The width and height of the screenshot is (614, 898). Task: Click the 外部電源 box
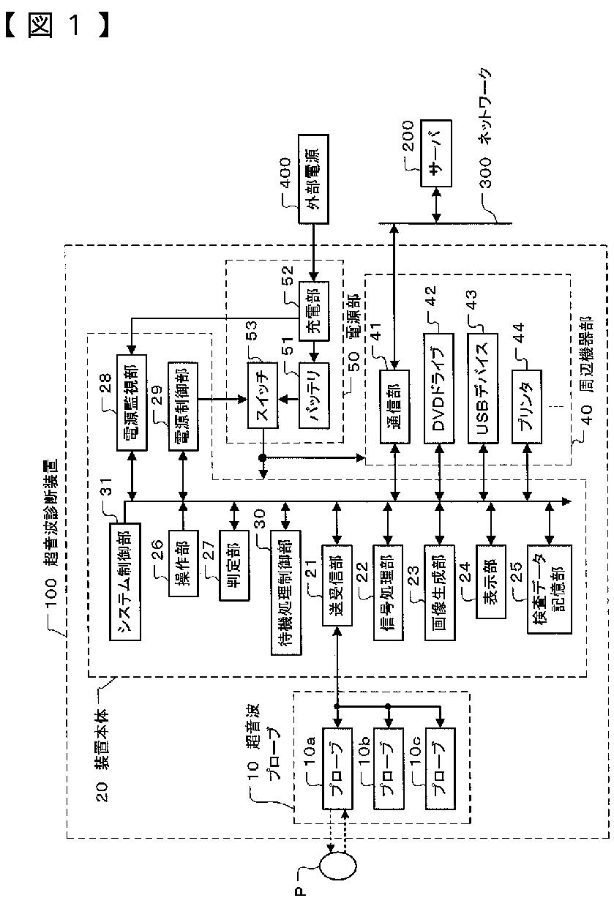pos(314,179)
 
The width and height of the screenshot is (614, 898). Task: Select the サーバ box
pos(436,153)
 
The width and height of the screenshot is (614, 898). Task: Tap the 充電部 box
pos(314,311)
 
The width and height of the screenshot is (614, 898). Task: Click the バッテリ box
pos(314,395)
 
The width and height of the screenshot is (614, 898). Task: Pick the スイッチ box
pos(263,395)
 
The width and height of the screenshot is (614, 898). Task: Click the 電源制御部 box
pos(183,406)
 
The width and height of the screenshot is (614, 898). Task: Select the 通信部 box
pos(394,406)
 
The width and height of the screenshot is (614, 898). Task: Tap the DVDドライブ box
pos(439,388)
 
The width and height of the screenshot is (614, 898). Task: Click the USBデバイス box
pos(483,388)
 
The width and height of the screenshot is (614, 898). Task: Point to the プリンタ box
pos(527,406)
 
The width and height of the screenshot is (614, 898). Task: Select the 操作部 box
pos(183,564)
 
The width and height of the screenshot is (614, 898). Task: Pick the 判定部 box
pos(234,565)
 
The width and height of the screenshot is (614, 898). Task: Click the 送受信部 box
pos(337,585)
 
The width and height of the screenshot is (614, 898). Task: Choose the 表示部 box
pos(491,582)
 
